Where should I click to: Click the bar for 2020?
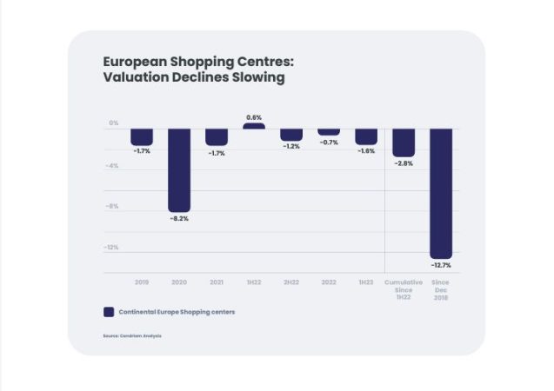coord(179,169)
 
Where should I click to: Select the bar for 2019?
coord(142,137)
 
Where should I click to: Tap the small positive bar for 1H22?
coord(254,126)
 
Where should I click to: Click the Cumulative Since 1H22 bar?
coord(404,142)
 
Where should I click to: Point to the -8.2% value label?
coord(179,218)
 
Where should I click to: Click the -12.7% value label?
coord(441,264)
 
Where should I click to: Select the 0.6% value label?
coord(254,117)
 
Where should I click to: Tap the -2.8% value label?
coord(404,163)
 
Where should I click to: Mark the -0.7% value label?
coord(329,142)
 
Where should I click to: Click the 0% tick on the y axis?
coord(114,123)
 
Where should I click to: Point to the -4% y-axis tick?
coord(113,165)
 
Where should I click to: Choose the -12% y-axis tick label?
coord(112,248)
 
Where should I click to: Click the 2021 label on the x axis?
coord(217,282)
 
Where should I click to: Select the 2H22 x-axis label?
coord(291,282)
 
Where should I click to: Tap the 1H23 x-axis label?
coord(366,282)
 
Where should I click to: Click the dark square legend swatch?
coord(109,312)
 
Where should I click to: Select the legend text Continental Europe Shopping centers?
coord(177,312)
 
